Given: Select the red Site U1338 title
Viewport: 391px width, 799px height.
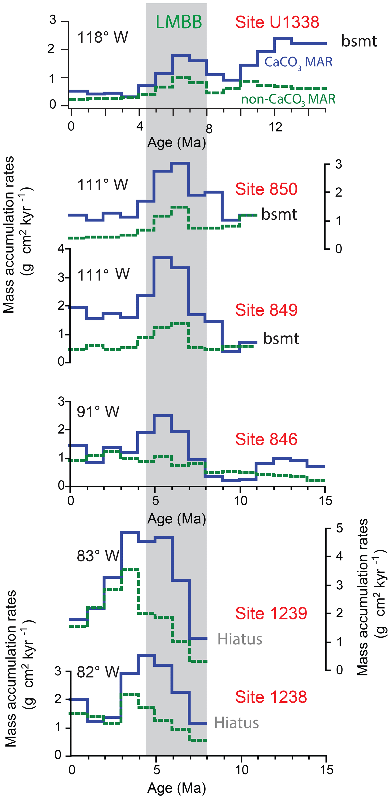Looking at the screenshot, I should (x=277, y=22).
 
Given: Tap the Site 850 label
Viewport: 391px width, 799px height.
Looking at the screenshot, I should (x=266, y=189).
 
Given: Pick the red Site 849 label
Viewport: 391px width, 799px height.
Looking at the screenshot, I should (x=266, y=310).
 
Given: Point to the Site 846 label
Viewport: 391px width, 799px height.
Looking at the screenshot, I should (x=266, y=439).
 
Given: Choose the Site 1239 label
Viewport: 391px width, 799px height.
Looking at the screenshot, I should (x=271, y=613).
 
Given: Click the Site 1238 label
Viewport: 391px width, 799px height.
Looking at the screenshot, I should (x=271, y=697).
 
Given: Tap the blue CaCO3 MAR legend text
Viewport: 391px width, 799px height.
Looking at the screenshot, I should (x=298, y=62).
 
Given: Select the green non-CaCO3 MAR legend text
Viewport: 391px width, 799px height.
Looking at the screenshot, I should (x=288, y=99).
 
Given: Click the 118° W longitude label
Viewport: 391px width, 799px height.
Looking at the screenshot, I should (x=102, y=37).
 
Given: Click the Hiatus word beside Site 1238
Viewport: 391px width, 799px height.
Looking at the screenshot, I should (x=236, y=723).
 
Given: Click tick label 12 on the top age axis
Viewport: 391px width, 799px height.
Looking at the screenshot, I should (x=275, y=127).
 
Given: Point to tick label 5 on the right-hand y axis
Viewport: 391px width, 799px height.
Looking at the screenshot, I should (x=339, y=528).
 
